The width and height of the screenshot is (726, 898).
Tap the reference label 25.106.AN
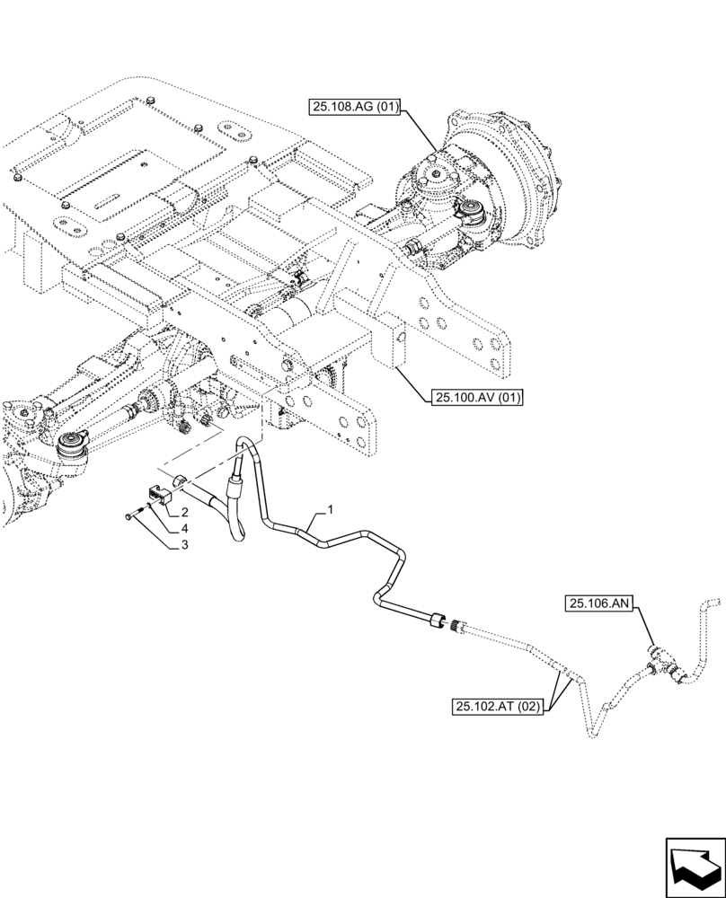click(x=598, y=604)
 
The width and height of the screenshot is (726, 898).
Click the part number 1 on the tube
click(x=331, y=510)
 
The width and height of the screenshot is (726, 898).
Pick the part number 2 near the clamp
click(x=184, y=512)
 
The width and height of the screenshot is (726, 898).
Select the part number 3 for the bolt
click(x=184, y=544)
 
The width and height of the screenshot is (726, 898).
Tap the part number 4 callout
click(x=184, y=528)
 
